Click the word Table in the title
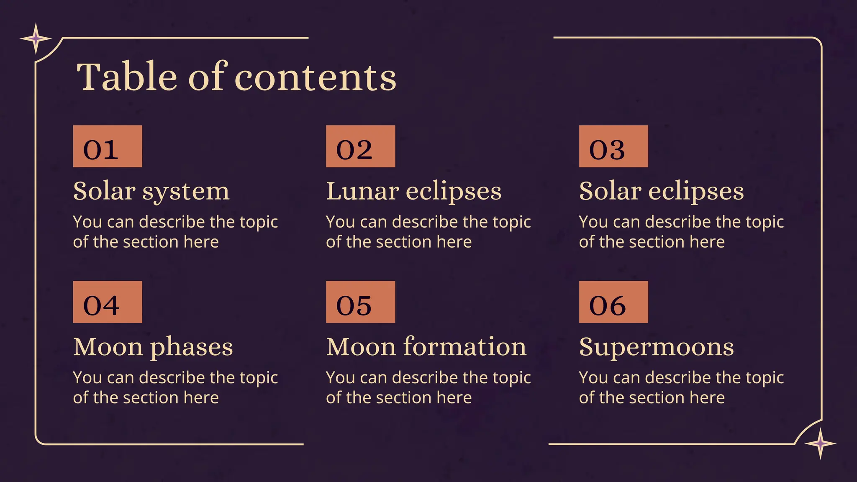[x=127, y=77]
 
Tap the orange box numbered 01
[x=108, y=146]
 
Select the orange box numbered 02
[x=360, y=146]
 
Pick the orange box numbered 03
[x=613, y=146]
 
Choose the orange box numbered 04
[x=108, y=302]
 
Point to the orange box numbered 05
[x=360, y=302]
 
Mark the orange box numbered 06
[x=613, y=302]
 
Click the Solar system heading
[x=151, y=192]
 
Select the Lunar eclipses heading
[x=413, y=192]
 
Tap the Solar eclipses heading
[x=661, y=192]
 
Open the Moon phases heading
[x=153, y=347]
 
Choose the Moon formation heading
[x=426, y=347]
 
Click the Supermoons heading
[x=656, y=347]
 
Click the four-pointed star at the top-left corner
[x=36, y=39]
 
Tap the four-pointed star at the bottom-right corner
[x=821, y=444]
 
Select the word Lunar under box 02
[x=362, y=192]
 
